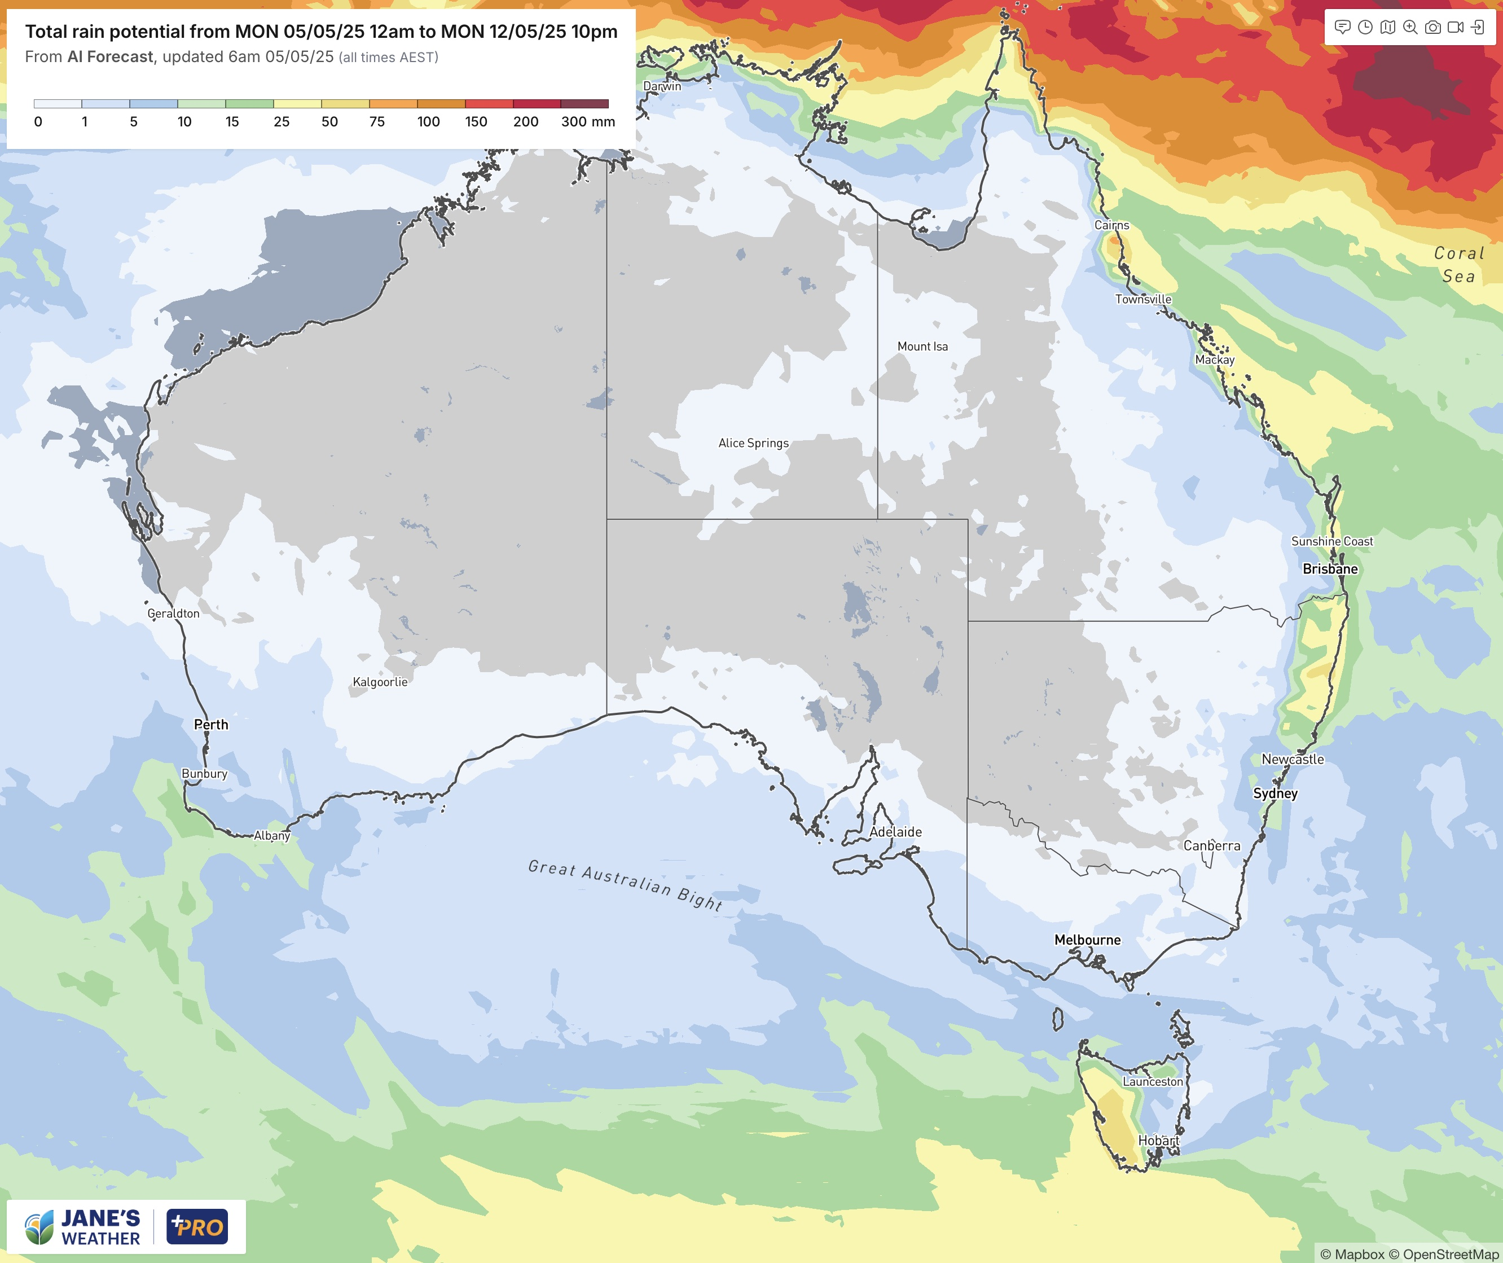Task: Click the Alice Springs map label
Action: (753, 443)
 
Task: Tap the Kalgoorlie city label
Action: (380, 682)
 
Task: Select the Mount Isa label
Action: (922, 347)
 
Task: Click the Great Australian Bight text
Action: (625, 885)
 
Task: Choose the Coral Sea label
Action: (1458, 264)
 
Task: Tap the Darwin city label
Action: (662, 86)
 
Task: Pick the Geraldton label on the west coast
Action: (173, 613)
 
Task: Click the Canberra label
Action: (1212, 845)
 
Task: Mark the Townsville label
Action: (1143, 299)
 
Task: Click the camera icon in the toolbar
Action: (1433, 27)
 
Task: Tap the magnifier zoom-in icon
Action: (1410, 27)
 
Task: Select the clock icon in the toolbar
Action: (1365, 27)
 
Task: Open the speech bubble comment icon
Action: (1343, 27)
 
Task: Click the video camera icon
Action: (1455, 27)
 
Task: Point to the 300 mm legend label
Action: (587, 122)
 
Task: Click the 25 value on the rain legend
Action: (282, 122)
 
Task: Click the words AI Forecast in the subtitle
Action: (110, 57)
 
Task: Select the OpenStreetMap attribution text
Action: (1450, 1254)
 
